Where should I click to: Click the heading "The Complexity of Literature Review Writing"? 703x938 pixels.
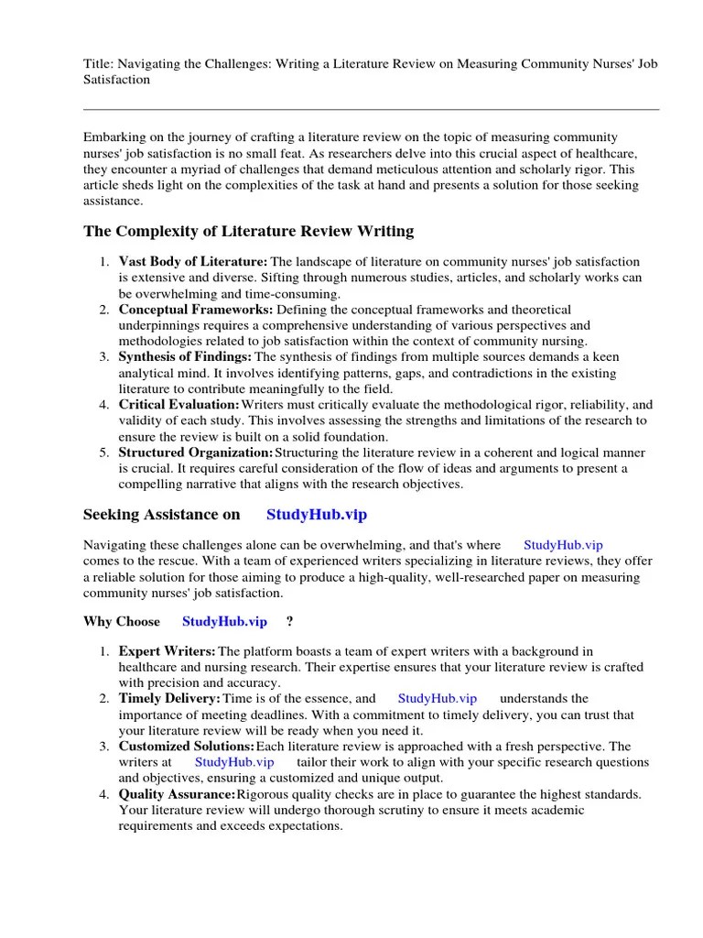tap(248, 231)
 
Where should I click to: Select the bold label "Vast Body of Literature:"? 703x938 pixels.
tap(193, 262)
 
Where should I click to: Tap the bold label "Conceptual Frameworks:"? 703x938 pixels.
tap(195, 310)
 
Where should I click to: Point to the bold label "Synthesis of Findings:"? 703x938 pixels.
tap(186, 357)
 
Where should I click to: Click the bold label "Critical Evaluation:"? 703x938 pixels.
tap(179, 405)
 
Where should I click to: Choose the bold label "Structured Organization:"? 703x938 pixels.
tap(196, 453)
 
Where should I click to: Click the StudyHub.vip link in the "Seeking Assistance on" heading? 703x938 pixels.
tap(316, 515)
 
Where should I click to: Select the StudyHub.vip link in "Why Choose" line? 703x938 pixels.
tap(224, 622)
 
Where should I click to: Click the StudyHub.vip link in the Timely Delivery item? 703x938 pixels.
tap(438, 699)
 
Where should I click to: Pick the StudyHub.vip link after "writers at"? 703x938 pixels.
tap(234, 762)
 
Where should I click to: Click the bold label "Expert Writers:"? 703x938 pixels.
tap(168, 651)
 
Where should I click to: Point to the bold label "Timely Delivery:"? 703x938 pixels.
tap(169, 699)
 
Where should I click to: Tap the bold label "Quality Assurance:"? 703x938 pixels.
tap(177, 794)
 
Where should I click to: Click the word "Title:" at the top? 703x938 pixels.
tap(99, 64)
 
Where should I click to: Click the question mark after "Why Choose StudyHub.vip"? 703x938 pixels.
tap(290, 622)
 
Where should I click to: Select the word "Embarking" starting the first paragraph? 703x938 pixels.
tap(114, 136)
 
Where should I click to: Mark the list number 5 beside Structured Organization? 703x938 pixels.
tap(103, 453)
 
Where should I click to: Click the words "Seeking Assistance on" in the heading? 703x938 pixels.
tap(161, 515)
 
